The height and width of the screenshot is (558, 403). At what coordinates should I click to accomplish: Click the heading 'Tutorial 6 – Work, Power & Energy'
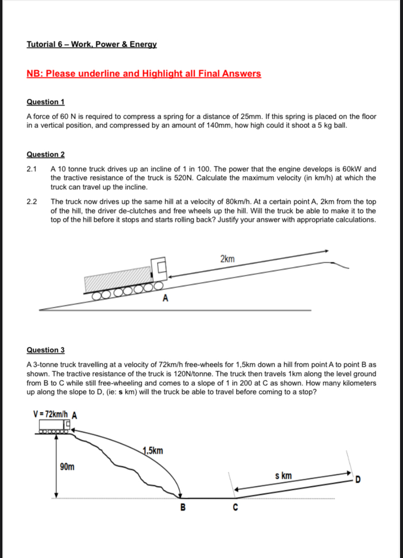click(92, 44)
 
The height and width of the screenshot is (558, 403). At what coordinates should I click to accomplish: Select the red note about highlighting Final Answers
click(144, 73)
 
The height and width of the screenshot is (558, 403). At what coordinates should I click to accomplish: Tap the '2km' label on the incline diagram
click(227, 259)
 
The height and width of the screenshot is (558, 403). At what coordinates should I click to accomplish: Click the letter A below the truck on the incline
click(165, 298)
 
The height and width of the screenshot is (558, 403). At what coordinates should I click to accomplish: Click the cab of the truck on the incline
click(161, 269)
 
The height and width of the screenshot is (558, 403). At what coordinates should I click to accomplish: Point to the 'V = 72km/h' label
click(50, 414)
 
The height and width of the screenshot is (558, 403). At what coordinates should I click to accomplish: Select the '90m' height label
click(67, 467)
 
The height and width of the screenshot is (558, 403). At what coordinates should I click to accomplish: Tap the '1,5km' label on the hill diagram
click(153, 450)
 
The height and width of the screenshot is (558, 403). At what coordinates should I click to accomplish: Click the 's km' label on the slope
click(283, 476)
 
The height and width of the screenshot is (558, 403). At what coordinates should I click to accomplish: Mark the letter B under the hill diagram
click(183, 508)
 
